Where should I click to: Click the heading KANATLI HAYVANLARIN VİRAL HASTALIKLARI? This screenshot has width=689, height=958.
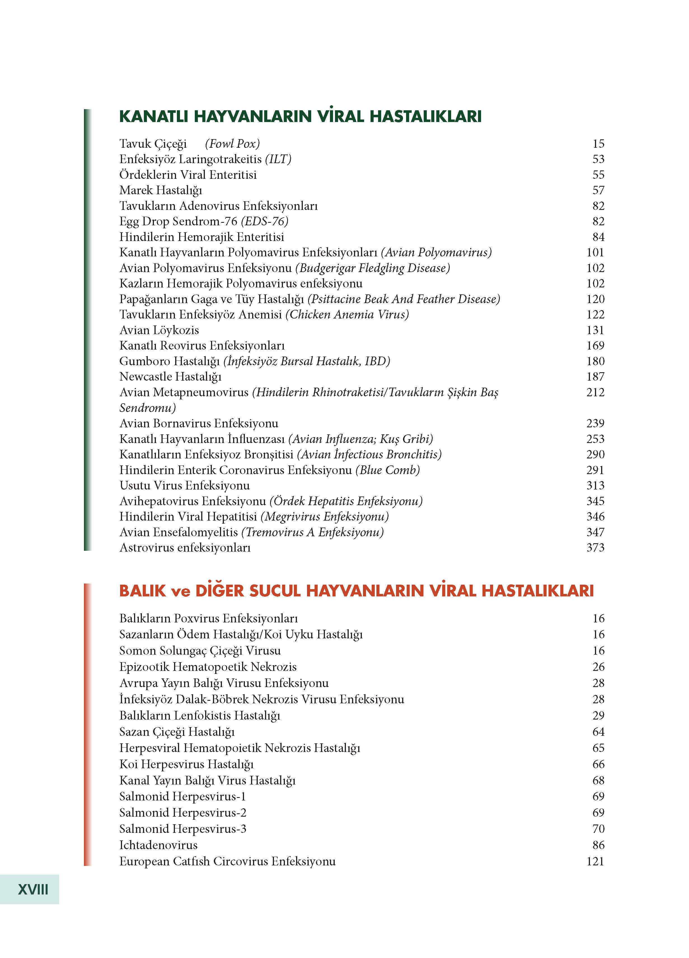tap(300, 116)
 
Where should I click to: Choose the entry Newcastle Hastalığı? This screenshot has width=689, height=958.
tap(170, 377)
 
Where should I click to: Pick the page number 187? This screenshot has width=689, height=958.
tap(595, 377)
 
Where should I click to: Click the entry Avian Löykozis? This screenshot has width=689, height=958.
tap(159, 330)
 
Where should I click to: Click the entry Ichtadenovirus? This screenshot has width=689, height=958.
tap(158, 845)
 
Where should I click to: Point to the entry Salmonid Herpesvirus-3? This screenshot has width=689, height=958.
tap(182, 829)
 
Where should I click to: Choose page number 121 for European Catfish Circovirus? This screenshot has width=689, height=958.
tap(595, 861)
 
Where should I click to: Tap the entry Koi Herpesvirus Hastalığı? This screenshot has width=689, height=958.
tap(186, 764)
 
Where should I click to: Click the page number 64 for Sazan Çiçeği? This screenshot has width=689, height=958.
tap(598, 732)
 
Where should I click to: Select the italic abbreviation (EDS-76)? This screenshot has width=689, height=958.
tap(264, 221)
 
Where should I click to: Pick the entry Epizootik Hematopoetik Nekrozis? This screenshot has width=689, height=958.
tap(208, 667)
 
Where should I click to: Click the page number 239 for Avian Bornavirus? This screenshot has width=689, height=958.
tap(595, 423)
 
